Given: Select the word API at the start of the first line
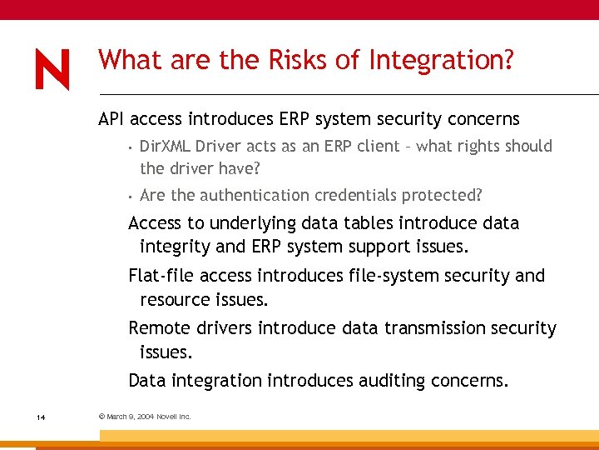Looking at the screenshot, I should pyautogui.click(x=111, y=119).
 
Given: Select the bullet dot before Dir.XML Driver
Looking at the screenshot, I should pyautogui.click(x=131, y=147).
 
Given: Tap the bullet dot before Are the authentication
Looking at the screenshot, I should pyautogui.click(x=131, y=197).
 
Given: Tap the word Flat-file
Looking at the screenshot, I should pyautogui.click(x=161, y=276).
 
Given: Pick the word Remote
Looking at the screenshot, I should pyautogui.click(x=158, y=328).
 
